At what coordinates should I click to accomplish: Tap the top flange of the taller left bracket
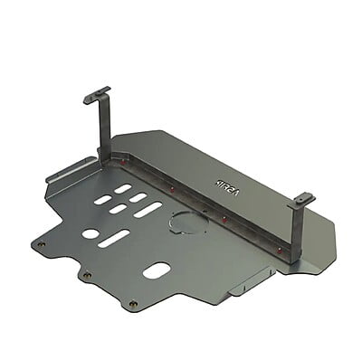tap(96, 94)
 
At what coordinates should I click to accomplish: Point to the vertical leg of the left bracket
tap(104, 127)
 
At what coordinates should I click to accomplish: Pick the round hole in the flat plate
tap(90, 233)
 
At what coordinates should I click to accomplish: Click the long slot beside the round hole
tap(114, 239)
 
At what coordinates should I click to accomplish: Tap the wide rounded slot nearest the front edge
tap(156, 270)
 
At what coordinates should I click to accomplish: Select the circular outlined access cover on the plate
tap(187, 223)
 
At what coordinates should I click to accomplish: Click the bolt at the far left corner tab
tap(40, 243)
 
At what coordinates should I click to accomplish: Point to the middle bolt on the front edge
tap(86, 275)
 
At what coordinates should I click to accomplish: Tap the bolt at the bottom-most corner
tap(133, 304)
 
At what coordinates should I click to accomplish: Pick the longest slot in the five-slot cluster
tap(148, 210)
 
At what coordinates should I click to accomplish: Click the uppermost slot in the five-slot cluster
tap(122, 188)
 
